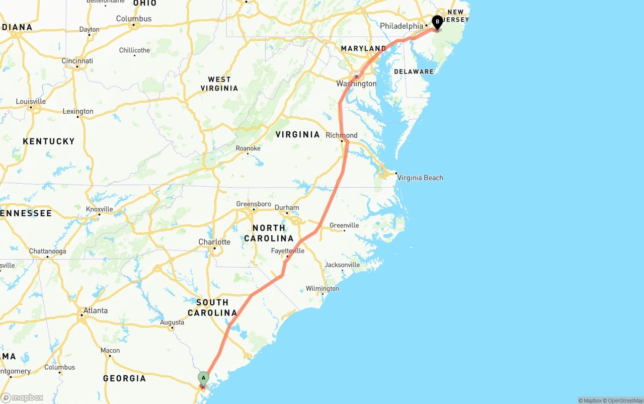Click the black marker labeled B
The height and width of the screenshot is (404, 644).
coord(437,22)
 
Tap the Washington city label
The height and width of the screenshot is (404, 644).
coord(357,84)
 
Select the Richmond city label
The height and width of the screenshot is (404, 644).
coord(342,135)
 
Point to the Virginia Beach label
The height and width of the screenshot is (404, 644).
coord(420,178)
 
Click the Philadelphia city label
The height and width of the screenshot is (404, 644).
coord(401,26)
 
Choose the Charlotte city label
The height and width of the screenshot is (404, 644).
coord(214,241)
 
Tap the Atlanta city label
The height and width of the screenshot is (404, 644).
coord(95,310)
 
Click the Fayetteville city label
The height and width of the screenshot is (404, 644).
coord(288,251)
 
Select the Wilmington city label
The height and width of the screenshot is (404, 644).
coord(323,288)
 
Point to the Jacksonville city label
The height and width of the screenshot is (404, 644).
coord(342,265)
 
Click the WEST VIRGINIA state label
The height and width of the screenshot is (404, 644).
coord(219,84)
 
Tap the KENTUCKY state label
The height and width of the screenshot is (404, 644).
coord(49,141)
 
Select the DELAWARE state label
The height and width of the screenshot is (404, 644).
coord(414,71)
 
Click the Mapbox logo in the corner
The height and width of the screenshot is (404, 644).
coord(22,397)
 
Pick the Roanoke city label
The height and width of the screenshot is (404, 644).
coord(248,148)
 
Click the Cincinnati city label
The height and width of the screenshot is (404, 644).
coord(77,61)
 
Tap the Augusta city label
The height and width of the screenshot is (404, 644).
coord(172,322)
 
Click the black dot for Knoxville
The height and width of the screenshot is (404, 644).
coord(99,214)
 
